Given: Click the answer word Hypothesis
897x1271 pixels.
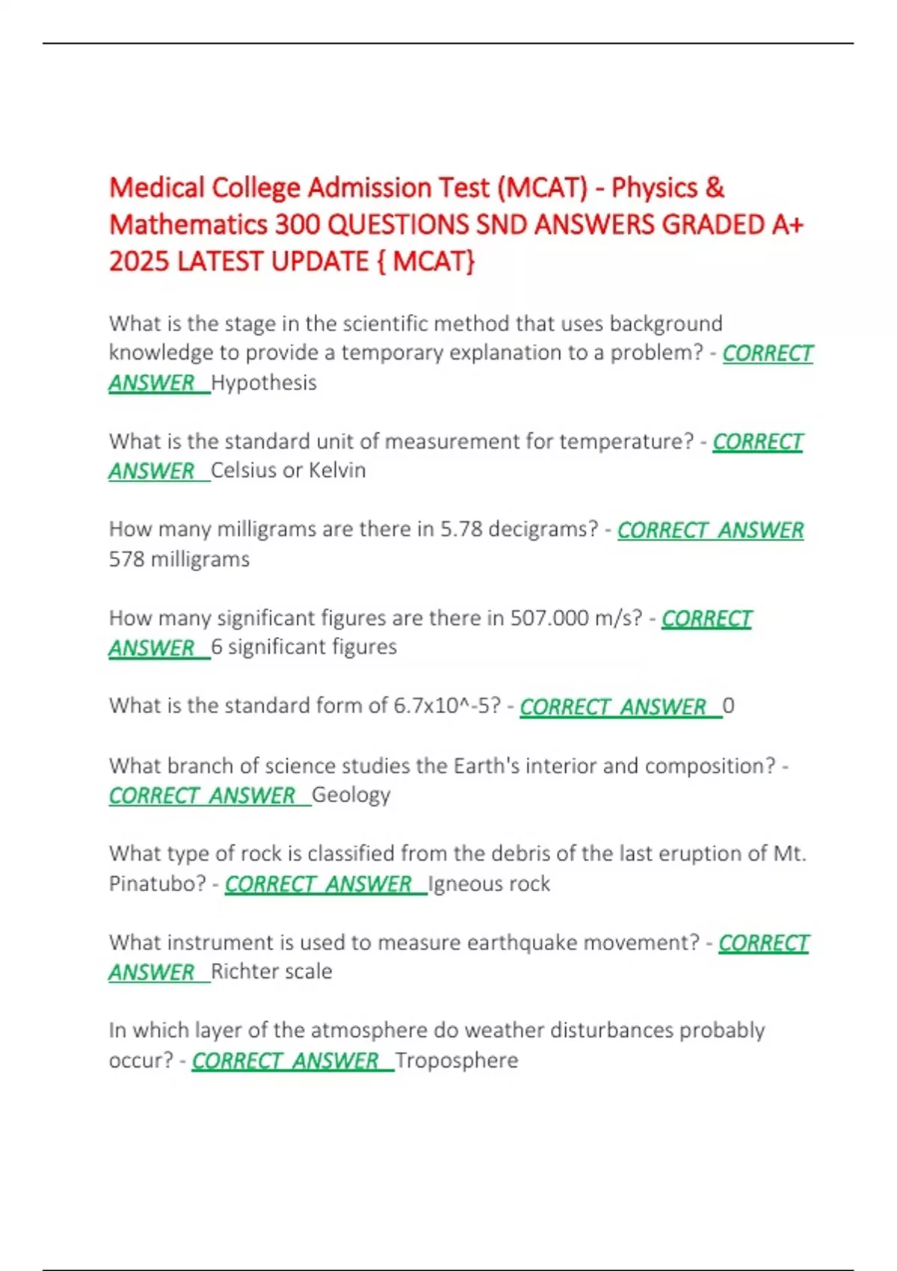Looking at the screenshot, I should point(264,383).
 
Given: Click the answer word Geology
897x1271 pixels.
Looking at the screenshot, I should point(351,795).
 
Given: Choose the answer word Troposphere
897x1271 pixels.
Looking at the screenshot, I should point(457,1060).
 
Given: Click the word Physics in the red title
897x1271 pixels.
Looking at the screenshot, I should point(654,188).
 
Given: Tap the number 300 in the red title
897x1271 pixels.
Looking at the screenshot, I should point(298,225).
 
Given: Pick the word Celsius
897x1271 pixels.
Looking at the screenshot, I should point(247,470).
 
